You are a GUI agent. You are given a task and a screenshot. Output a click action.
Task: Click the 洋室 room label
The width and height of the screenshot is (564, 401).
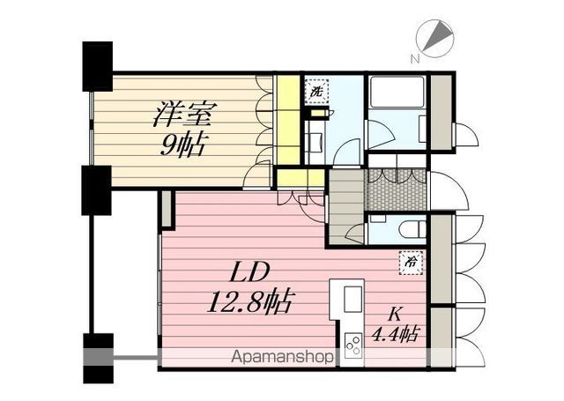point(185,115)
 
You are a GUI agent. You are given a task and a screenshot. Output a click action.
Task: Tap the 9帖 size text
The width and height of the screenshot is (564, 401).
point(182,145)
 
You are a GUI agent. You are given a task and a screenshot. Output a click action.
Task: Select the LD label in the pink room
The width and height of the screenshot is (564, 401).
point(250,271)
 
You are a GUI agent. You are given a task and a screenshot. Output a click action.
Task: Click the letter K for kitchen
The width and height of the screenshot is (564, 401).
point(395,315)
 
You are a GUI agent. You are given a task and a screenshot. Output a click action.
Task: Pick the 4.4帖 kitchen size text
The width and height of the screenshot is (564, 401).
point(395,333)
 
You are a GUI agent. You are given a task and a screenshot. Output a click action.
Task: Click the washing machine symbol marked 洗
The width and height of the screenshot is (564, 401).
point(316,92)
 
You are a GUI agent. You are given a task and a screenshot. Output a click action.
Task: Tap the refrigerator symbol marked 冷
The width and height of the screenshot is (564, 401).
point(411,263)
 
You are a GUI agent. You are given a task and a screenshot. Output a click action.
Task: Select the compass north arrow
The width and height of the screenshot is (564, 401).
point(437,37)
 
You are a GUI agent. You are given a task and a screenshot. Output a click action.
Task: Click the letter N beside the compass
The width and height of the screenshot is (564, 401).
point(415,59)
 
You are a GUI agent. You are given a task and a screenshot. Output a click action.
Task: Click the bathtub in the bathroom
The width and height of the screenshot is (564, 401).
point(396,92)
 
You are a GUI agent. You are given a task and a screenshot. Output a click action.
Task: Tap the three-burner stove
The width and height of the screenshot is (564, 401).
point(352,345)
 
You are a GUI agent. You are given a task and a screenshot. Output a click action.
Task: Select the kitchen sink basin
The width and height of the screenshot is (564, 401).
point(352,299)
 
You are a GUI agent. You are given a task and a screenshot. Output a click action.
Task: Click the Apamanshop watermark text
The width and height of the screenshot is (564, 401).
point(282,357)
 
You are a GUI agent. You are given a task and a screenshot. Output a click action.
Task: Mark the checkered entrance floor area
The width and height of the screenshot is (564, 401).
point(396,189)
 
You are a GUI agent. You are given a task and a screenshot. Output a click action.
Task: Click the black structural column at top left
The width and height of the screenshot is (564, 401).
point(98,66)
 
